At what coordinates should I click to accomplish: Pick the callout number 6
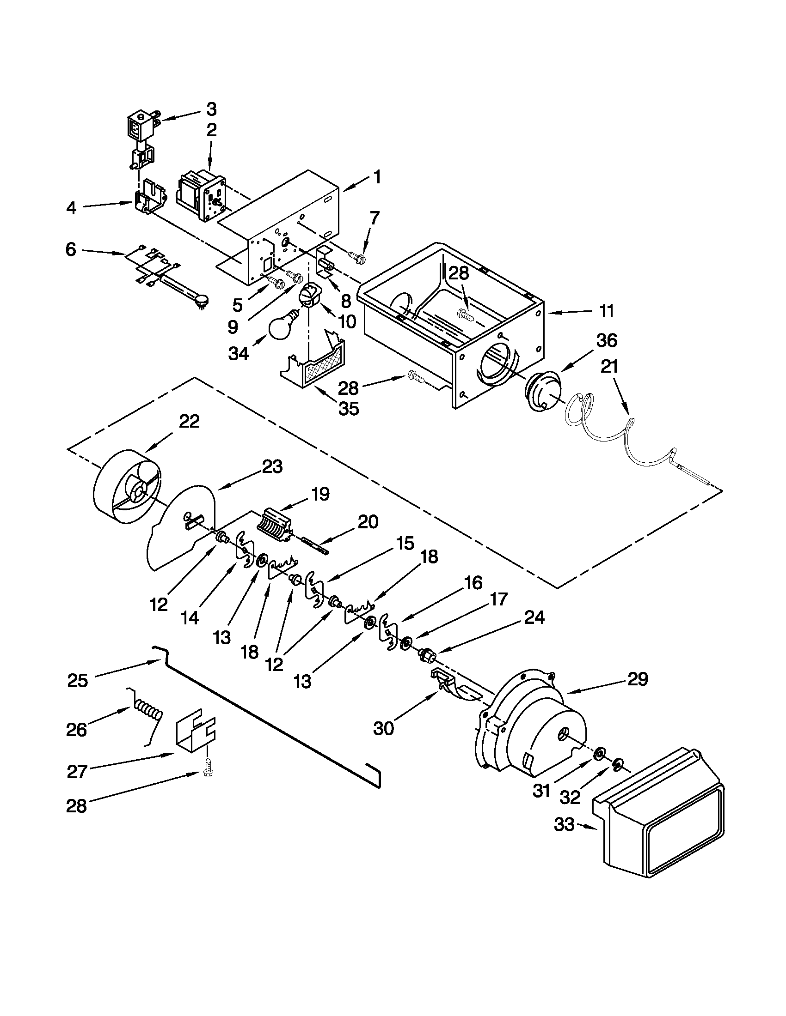70,249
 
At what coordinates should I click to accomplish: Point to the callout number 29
638,680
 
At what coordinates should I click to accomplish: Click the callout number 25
77,680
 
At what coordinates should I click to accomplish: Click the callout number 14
190,617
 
